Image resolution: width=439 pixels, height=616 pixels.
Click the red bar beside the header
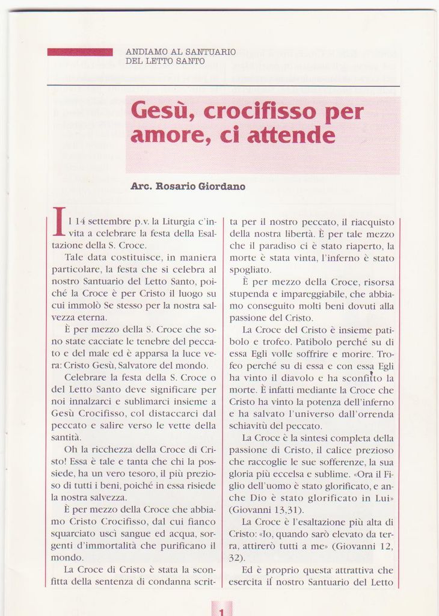pos(80,52)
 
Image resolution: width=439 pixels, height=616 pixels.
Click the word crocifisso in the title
pos(260,112)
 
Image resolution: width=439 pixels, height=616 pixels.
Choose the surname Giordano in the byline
pos(219,186)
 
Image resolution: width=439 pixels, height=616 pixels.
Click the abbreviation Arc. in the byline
pos(141,186)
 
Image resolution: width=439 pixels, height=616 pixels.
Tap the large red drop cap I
pos(59,221)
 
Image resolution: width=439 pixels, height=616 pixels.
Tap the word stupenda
pos(248,294)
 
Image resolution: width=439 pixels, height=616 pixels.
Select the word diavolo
pos(297,378)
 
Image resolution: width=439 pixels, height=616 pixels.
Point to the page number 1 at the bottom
pos(221,610)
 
